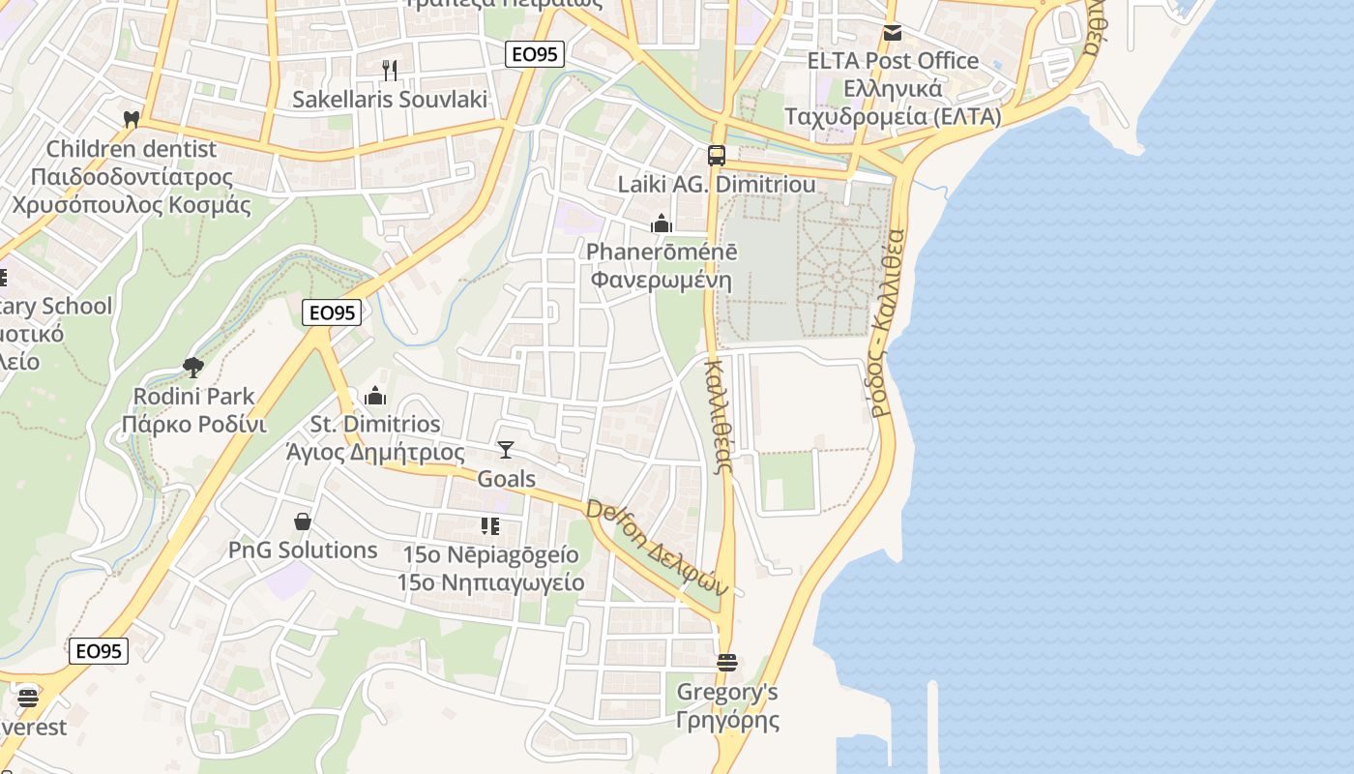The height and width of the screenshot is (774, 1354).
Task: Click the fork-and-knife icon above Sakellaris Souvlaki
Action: tap(390, 70)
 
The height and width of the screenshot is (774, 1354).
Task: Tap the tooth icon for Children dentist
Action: tap(132, 119)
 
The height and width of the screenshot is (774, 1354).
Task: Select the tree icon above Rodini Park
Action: tap(193, 367)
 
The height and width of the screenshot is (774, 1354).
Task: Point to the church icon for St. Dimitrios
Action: tap(375, 396)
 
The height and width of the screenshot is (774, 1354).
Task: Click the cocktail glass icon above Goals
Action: tap(506, 450)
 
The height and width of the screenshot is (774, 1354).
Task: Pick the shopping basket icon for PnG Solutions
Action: tap(303, 521)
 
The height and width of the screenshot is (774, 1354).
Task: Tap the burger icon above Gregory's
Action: tap(727, 663)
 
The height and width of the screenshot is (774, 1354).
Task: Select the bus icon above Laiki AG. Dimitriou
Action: tap(717, 155)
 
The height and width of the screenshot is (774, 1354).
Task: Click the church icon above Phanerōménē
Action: tap(662, 224)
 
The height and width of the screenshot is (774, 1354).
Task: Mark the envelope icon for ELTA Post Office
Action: tap(893, 33)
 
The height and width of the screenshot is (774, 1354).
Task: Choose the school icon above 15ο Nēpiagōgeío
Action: tap(490, 526)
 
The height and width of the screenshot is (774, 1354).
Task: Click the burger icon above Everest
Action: tap(28, 698)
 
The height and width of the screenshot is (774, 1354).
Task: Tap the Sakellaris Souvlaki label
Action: tap(390, 100)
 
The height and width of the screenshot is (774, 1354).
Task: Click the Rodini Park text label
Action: tap(193, 396)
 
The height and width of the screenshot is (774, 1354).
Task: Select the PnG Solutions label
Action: tap(303, 551)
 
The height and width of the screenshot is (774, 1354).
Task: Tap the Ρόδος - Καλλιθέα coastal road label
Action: tap(886, 323)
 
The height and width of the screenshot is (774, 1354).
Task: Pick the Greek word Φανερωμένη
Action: tap(662, 282)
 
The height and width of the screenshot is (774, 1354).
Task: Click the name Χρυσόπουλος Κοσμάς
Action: tap(132, 205)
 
